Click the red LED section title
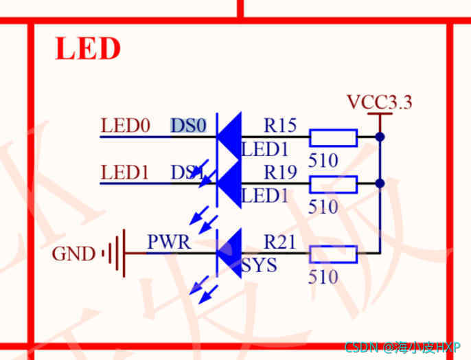[x=87, y=49]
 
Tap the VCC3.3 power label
[x=379, y=103]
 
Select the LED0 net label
[x=125, y=126]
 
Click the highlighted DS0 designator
[x=188, y=126]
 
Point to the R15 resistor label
[x=280, y=126]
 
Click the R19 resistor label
[x=280, y=172]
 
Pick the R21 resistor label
[x=280, y=242]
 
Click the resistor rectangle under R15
[x=333, y=137]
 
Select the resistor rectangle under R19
[x=333, y=184]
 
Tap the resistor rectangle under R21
[x=333, y=254]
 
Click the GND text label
[x=73, y=254]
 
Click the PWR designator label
[x=169, y=243]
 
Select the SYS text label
[x=259, y=265]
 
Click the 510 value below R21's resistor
[x=323, y=277]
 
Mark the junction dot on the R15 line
[x=380, y=137]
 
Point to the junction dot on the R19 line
[x=380, y=183]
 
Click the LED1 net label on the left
[x=125, y=172]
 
